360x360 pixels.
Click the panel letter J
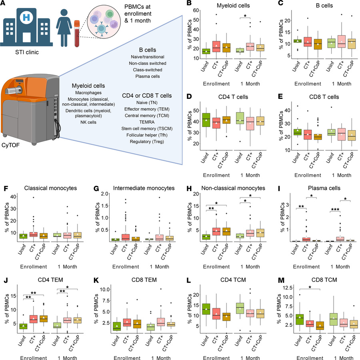click(3, 275)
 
